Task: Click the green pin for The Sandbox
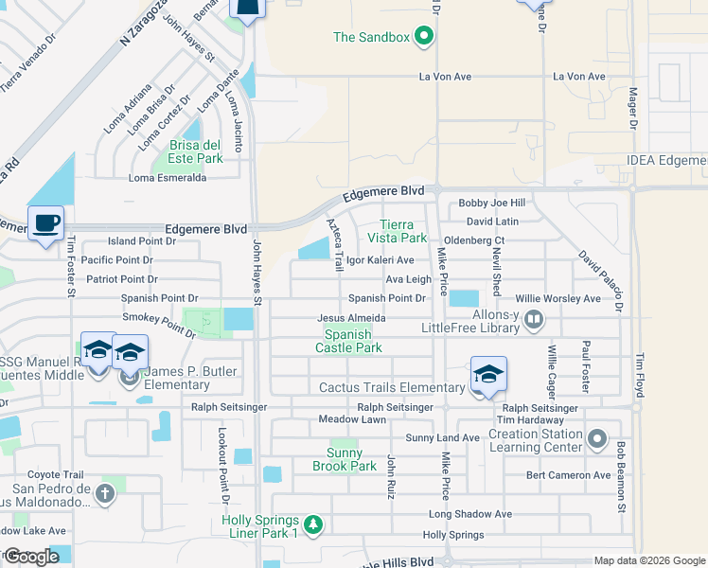[x=424, y=38]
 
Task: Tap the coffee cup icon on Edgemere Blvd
[x=45, y=223]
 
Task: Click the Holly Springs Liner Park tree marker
[x=314, y=524]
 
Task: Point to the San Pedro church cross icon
[x=104, y=493]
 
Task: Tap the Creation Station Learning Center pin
[x=596, y=439]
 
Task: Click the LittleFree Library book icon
[x=534, y=319]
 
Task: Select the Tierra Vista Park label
[x=404, y=231]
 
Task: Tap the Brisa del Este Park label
[x=196, y=151]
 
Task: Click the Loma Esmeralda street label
[x=168, y=177]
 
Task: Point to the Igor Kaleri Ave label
[x=380, y=259]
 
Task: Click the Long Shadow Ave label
[x=469, y=514]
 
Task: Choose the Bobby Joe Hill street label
[x=491, y=203]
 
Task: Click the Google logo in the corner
[x=32, y=556]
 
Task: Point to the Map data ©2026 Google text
[x=649, y=560]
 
